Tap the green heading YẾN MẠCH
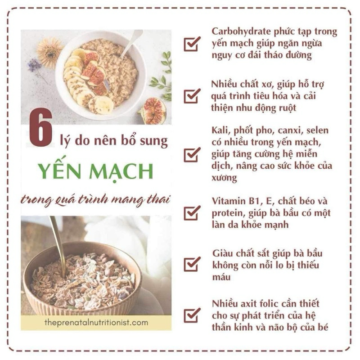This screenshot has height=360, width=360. (x=96, y=171)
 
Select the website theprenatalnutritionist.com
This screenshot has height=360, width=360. (x=96, y=322)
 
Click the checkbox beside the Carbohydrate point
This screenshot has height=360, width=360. (x=192, y=44)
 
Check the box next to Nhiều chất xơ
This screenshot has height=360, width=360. (x=192, y=96)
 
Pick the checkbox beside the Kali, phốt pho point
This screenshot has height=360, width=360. (x=192, y=154)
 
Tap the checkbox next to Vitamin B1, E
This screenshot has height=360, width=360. (x=192, y=213)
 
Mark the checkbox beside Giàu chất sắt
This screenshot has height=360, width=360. (x=192, y=264)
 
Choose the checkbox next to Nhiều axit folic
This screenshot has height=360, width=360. (x=192, y=315)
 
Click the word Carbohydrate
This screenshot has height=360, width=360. (x=241, y=31)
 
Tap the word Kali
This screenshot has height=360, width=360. (x=221, y=130)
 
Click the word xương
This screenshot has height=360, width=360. (x=224, y=178)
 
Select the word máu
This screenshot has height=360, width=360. (x=221, y=277)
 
